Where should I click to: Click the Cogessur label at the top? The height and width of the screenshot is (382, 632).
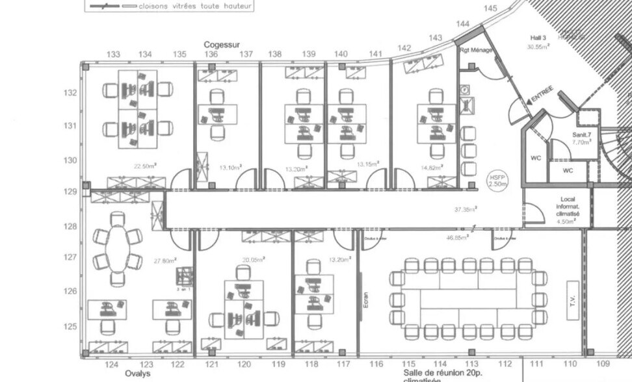pyautogui.click(x=222, y=44)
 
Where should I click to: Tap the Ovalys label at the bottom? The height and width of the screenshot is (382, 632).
pyautogui.click(x=137, y=374)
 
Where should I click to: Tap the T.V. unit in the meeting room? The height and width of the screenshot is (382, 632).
pyautogui.click(x=572, y=299)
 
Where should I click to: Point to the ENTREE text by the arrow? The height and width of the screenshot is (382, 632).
pyautogui.click(x=542, y=94)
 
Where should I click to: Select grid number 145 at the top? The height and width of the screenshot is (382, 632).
pyautogui.click(x=490, y=8)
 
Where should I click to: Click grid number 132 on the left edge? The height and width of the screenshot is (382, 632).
pyautogui.click(x=70, y=93)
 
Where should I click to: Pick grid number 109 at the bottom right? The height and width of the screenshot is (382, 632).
pyautogui.click(x=602, y=364)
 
